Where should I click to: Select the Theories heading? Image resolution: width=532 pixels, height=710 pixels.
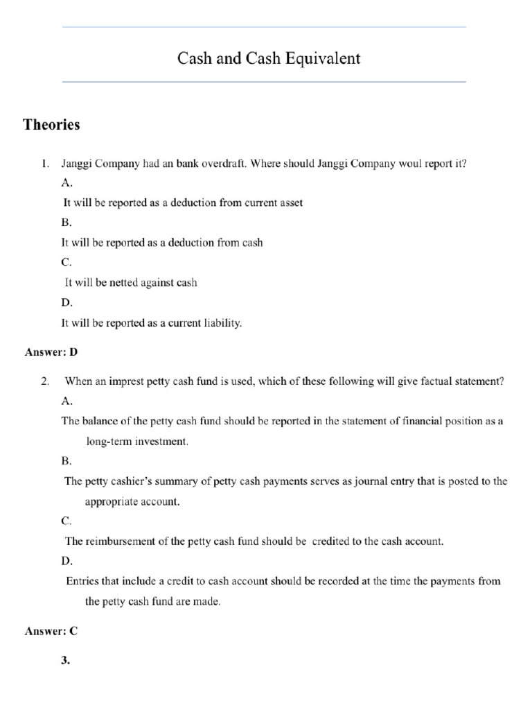(x=51, y=125)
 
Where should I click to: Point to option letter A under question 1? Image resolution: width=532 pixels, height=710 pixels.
(x=66, y=184)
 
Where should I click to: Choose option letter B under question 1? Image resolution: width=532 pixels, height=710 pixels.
(x=66, y=223)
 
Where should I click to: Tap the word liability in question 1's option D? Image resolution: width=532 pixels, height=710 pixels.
(x=221, y=323)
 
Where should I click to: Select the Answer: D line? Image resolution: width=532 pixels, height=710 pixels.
(x=51, y=352)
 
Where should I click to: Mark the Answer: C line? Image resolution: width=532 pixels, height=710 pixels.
(x=51, y=631)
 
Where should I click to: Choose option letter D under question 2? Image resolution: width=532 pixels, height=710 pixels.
(x=66, y=560)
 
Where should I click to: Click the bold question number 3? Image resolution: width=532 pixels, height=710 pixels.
(x=66, y=661)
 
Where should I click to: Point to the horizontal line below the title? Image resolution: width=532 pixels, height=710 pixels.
(x=264, y=82)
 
